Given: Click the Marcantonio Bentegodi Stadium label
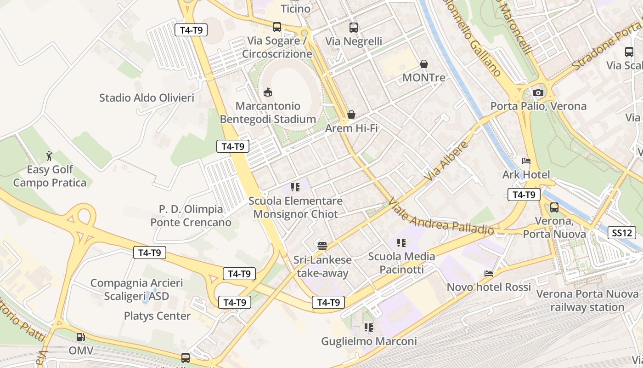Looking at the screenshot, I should [268, 113].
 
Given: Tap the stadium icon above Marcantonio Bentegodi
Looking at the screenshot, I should [268, 92].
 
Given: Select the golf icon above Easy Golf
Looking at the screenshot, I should [50, 156].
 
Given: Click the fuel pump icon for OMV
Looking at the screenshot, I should [81, 337].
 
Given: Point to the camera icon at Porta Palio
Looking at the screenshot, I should [538, 92].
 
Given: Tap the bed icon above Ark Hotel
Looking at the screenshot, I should [526, 161].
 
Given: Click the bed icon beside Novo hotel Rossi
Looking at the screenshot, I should [489, 274].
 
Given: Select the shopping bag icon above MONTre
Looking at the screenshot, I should [423, 64].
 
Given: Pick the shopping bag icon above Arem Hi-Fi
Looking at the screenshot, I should [351, 115].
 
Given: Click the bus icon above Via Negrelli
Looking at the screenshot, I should [353, 28].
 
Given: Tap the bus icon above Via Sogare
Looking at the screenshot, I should [276, 27].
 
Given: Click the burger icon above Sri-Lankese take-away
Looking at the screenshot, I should [322, 246].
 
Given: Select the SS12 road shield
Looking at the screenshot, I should [621, 233].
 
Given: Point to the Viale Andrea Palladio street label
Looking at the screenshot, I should [441, 218].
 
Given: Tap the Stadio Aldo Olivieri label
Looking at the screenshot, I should [147, 98].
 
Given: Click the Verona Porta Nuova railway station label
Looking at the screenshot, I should [587, 300].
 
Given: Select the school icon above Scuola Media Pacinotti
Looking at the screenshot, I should [401, 242].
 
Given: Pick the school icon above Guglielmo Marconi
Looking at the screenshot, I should [369, 328].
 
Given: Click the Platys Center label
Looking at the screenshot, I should [157, 316].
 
